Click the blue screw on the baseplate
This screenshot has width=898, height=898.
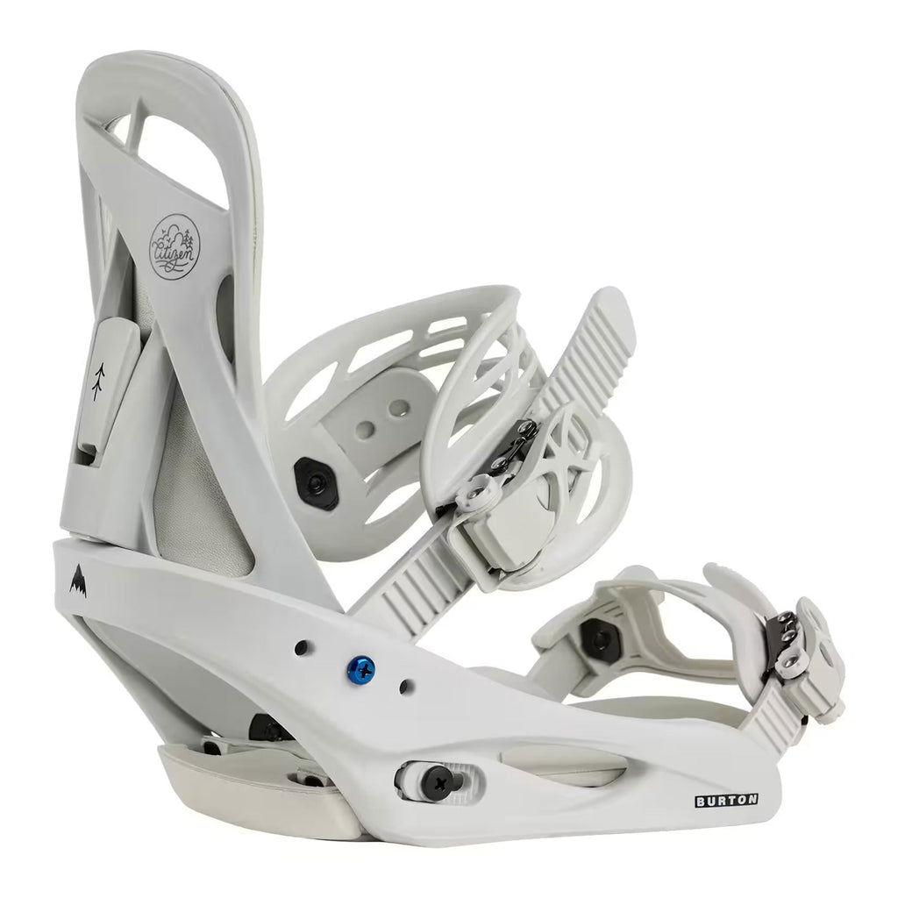[x=361, y=668]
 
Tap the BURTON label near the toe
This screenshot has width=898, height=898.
[x=727, y=800]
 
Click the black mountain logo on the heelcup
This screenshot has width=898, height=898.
[x=78, y=579]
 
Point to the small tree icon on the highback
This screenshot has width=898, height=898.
[x=98, y=380]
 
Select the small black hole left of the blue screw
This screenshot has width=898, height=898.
[x=301, y=648]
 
